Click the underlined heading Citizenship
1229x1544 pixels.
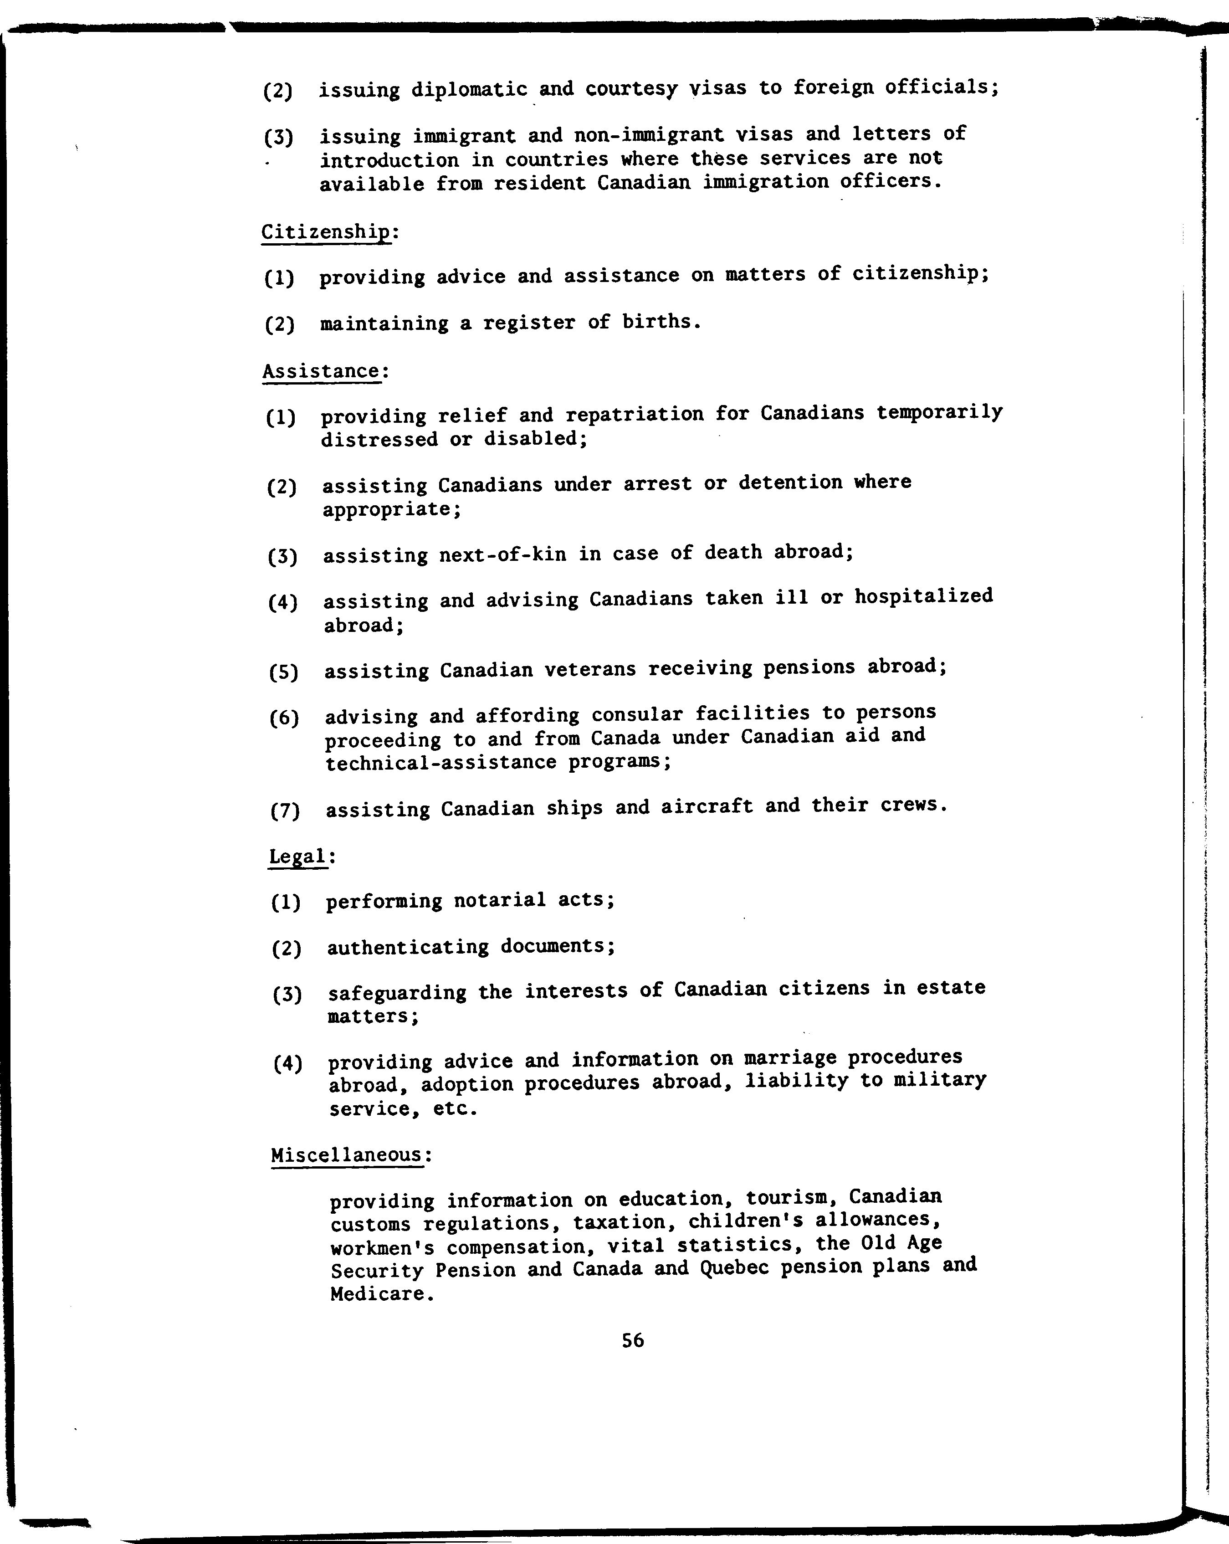click(x=326, y=233)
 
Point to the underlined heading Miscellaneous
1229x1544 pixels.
click(x=347, y=1155)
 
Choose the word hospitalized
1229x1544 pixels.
click(x=923, y=596)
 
